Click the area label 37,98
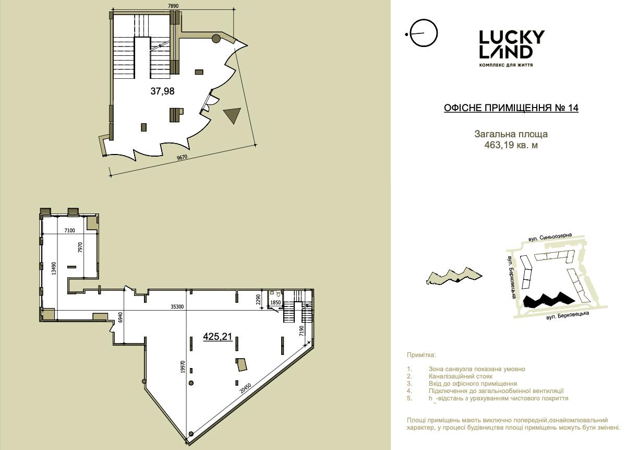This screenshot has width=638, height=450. [x=162, y=91]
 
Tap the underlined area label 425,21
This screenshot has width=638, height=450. [x=218, y=337]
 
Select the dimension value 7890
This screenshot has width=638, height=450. [x=173, y=6]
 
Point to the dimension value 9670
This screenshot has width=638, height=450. [x=182, y=158]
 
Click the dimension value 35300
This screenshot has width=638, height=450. [x=177, y=307]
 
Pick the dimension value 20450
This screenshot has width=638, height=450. [x=246, y=388]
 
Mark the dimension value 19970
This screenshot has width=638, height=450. [x=183, y=367]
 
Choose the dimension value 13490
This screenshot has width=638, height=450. [x=54, y=268]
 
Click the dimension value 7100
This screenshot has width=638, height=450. [x=70, y=230]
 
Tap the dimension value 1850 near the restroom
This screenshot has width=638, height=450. [x=275, y=303]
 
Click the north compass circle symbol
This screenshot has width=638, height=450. [x=423, y=33]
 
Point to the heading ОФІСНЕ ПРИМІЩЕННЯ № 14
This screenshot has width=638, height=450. [x=511, y=108]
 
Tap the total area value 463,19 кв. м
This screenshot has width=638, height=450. [x=511, y=145]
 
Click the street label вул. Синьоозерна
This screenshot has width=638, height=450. [x=550, y=237]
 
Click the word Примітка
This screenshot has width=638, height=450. [x=422, y=355]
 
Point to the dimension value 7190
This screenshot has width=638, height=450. [x=302, y=331]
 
